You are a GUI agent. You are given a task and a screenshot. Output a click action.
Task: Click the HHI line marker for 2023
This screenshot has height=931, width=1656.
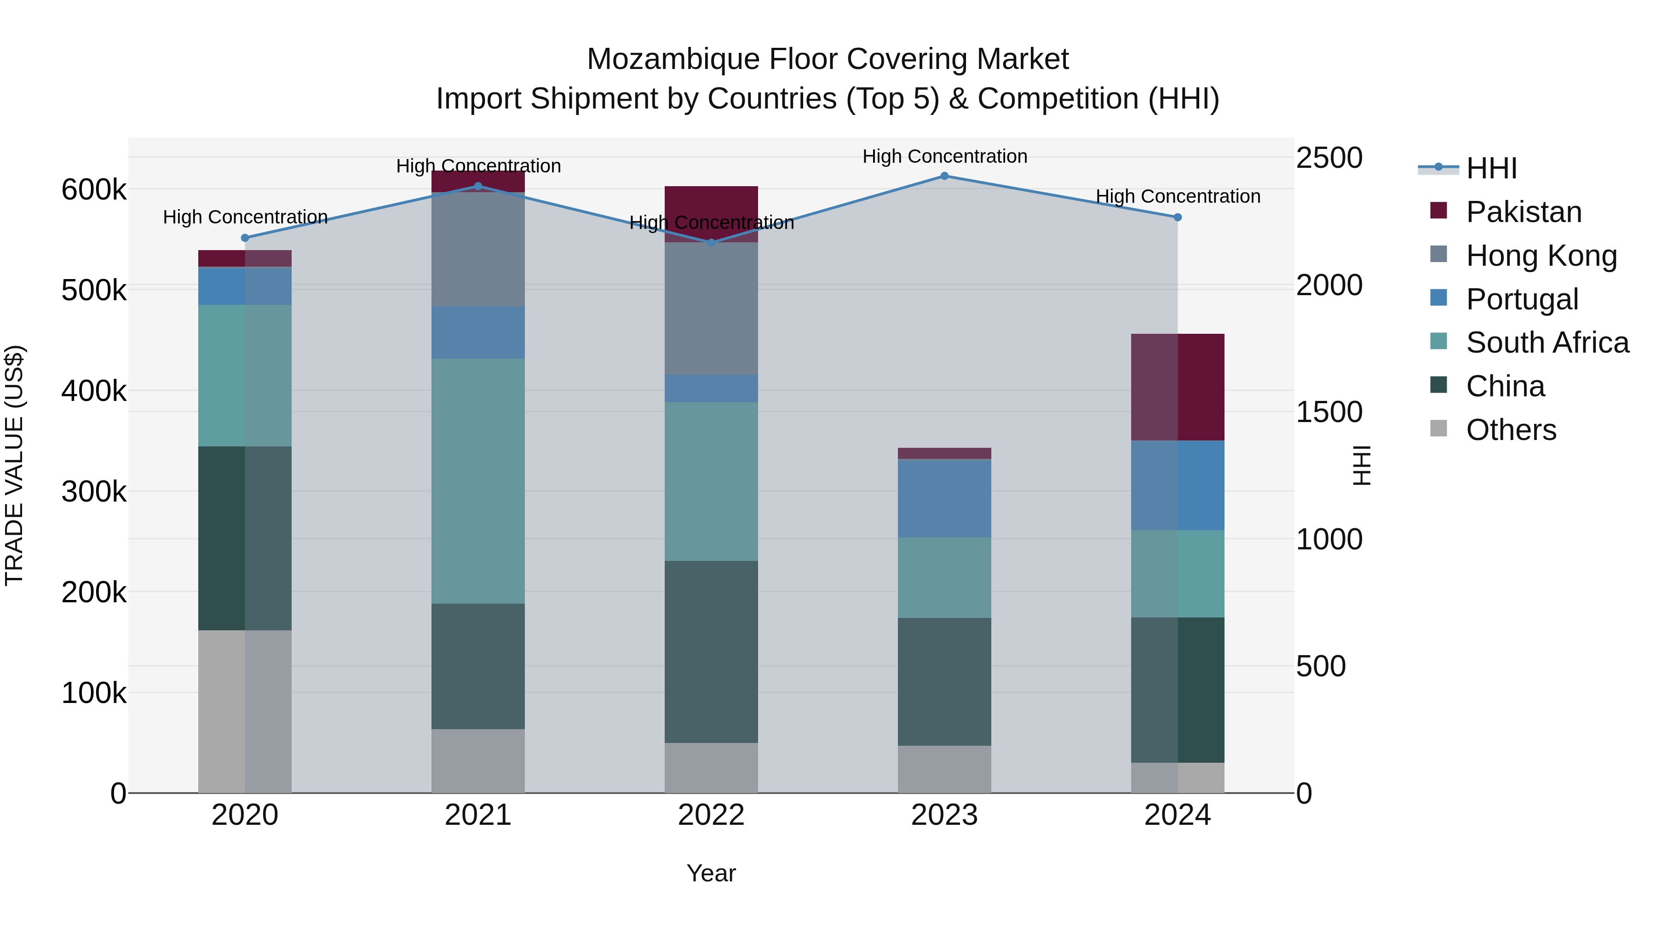(944, 176)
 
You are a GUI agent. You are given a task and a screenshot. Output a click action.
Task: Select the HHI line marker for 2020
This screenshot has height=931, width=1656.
(245, 238)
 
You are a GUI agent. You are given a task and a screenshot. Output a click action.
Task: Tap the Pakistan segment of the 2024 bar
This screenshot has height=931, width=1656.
(1178, 388)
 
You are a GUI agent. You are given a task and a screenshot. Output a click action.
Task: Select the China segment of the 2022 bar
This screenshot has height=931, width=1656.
(711, 651)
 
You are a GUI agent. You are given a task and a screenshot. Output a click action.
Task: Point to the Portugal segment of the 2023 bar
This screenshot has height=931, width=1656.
(944, 498)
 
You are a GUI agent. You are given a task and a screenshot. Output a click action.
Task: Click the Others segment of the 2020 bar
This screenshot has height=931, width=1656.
(245, 711)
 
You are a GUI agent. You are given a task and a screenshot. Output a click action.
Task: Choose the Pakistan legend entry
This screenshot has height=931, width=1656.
(1523, 212)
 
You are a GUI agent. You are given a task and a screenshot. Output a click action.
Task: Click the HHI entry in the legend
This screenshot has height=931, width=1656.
(1491, 168)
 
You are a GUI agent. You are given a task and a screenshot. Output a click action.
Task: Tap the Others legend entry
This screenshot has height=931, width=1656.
(1510, 430)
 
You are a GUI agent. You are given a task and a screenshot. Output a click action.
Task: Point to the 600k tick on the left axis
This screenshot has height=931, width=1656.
(94, 190)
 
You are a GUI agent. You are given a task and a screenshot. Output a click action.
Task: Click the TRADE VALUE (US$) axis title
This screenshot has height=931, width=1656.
(14, 465)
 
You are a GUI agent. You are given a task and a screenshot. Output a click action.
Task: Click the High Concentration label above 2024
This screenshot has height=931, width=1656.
(1178, 197)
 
